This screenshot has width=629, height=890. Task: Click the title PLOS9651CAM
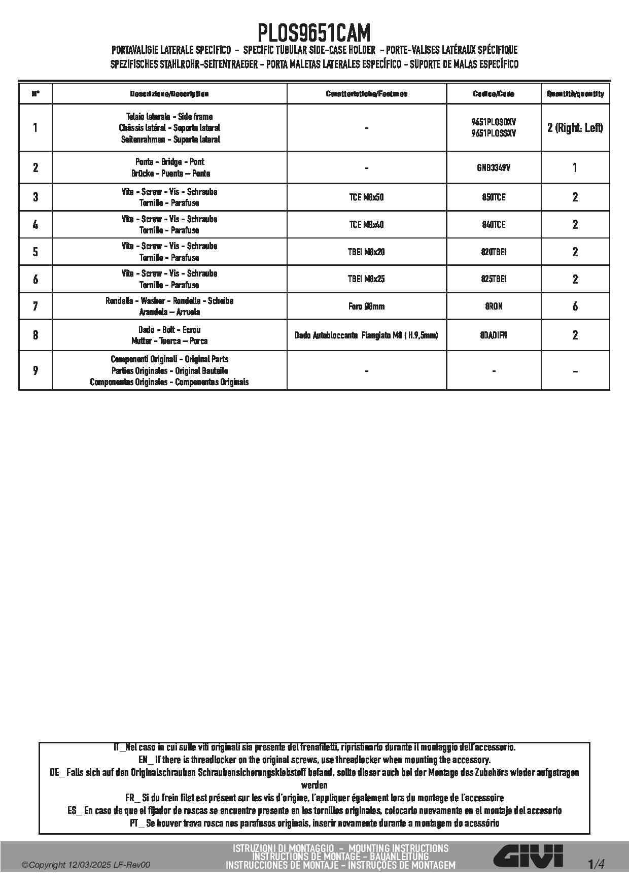[x=314, y=33]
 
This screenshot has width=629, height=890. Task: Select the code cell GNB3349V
[x=494, y=167]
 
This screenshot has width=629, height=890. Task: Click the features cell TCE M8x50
[x=366, y=197]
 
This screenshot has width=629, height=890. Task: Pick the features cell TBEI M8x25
[x=366, y=279]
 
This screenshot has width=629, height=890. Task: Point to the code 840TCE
[x=494, y=224]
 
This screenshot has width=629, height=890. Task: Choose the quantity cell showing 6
[x=575, y=306]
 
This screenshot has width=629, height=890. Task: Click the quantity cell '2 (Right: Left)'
[x=575, y=127]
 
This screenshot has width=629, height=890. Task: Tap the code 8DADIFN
[x=494, y=335]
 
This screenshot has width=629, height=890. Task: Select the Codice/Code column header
[x=494, y=94]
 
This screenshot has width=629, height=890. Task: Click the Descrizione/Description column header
[x=169, y=94]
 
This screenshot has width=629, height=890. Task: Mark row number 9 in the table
[x=35, y=370]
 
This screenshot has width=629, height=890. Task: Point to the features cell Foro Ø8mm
[x=366, y=306]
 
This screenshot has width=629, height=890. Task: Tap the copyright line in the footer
[x=86, y=865]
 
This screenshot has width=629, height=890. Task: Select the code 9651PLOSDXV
[x=494, y=122]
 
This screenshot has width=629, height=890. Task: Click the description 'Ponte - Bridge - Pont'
[x=169, y=162]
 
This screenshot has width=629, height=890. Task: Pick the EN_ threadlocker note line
[x=314, y=760]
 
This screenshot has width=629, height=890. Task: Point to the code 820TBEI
[x=494, y=252]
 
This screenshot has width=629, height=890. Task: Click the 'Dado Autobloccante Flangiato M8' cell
[x=366, y=335]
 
